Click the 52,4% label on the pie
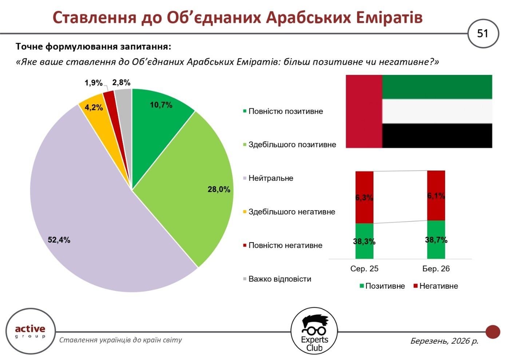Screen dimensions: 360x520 click(59, 240)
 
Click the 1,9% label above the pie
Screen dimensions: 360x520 click(94, 83)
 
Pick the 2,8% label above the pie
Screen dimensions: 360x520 click(121, 83)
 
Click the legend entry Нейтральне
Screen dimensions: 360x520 click(270, 178)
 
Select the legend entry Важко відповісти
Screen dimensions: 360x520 click(279, 279)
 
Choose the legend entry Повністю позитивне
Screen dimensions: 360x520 click(285, 111)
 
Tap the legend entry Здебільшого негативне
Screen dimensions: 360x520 click(291, 212)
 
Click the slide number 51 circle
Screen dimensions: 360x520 click(483, 33)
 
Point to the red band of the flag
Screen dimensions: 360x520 click(364, 111)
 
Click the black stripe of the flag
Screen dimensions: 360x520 click(437, 136)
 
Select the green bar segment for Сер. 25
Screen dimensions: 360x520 click(364, 241)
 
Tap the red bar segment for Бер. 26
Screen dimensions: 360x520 click(436, 196)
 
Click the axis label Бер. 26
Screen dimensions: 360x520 click(436, 269)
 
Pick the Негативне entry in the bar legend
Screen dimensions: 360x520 click(438, 286)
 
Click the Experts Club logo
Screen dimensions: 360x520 click(314, 331)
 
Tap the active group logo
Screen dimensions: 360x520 click(30, 331)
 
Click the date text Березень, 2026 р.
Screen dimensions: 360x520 click(444, 341)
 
